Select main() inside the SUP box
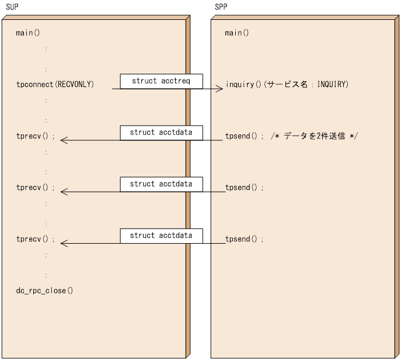click(28, 33)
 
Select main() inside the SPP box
click(237, 33)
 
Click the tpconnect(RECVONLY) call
click(55, 85)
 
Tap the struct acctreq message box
click(161, 81)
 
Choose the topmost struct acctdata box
click(161, 133)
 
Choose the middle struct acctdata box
click(161, 184)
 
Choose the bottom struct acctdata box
click(161, 236)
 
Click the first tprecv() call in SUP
click(36, 136)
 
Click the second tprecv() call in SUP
click(36, 188)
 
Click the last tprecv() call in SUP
click(36, 239)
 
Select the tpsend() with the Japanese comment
click(245, 136)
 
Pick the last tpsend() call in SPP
click(245, 239)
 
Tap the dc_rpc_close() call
click(45, 290)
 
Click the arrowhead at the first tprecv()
click(64, 140)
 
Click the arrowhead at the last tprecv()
click(64, 243)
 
